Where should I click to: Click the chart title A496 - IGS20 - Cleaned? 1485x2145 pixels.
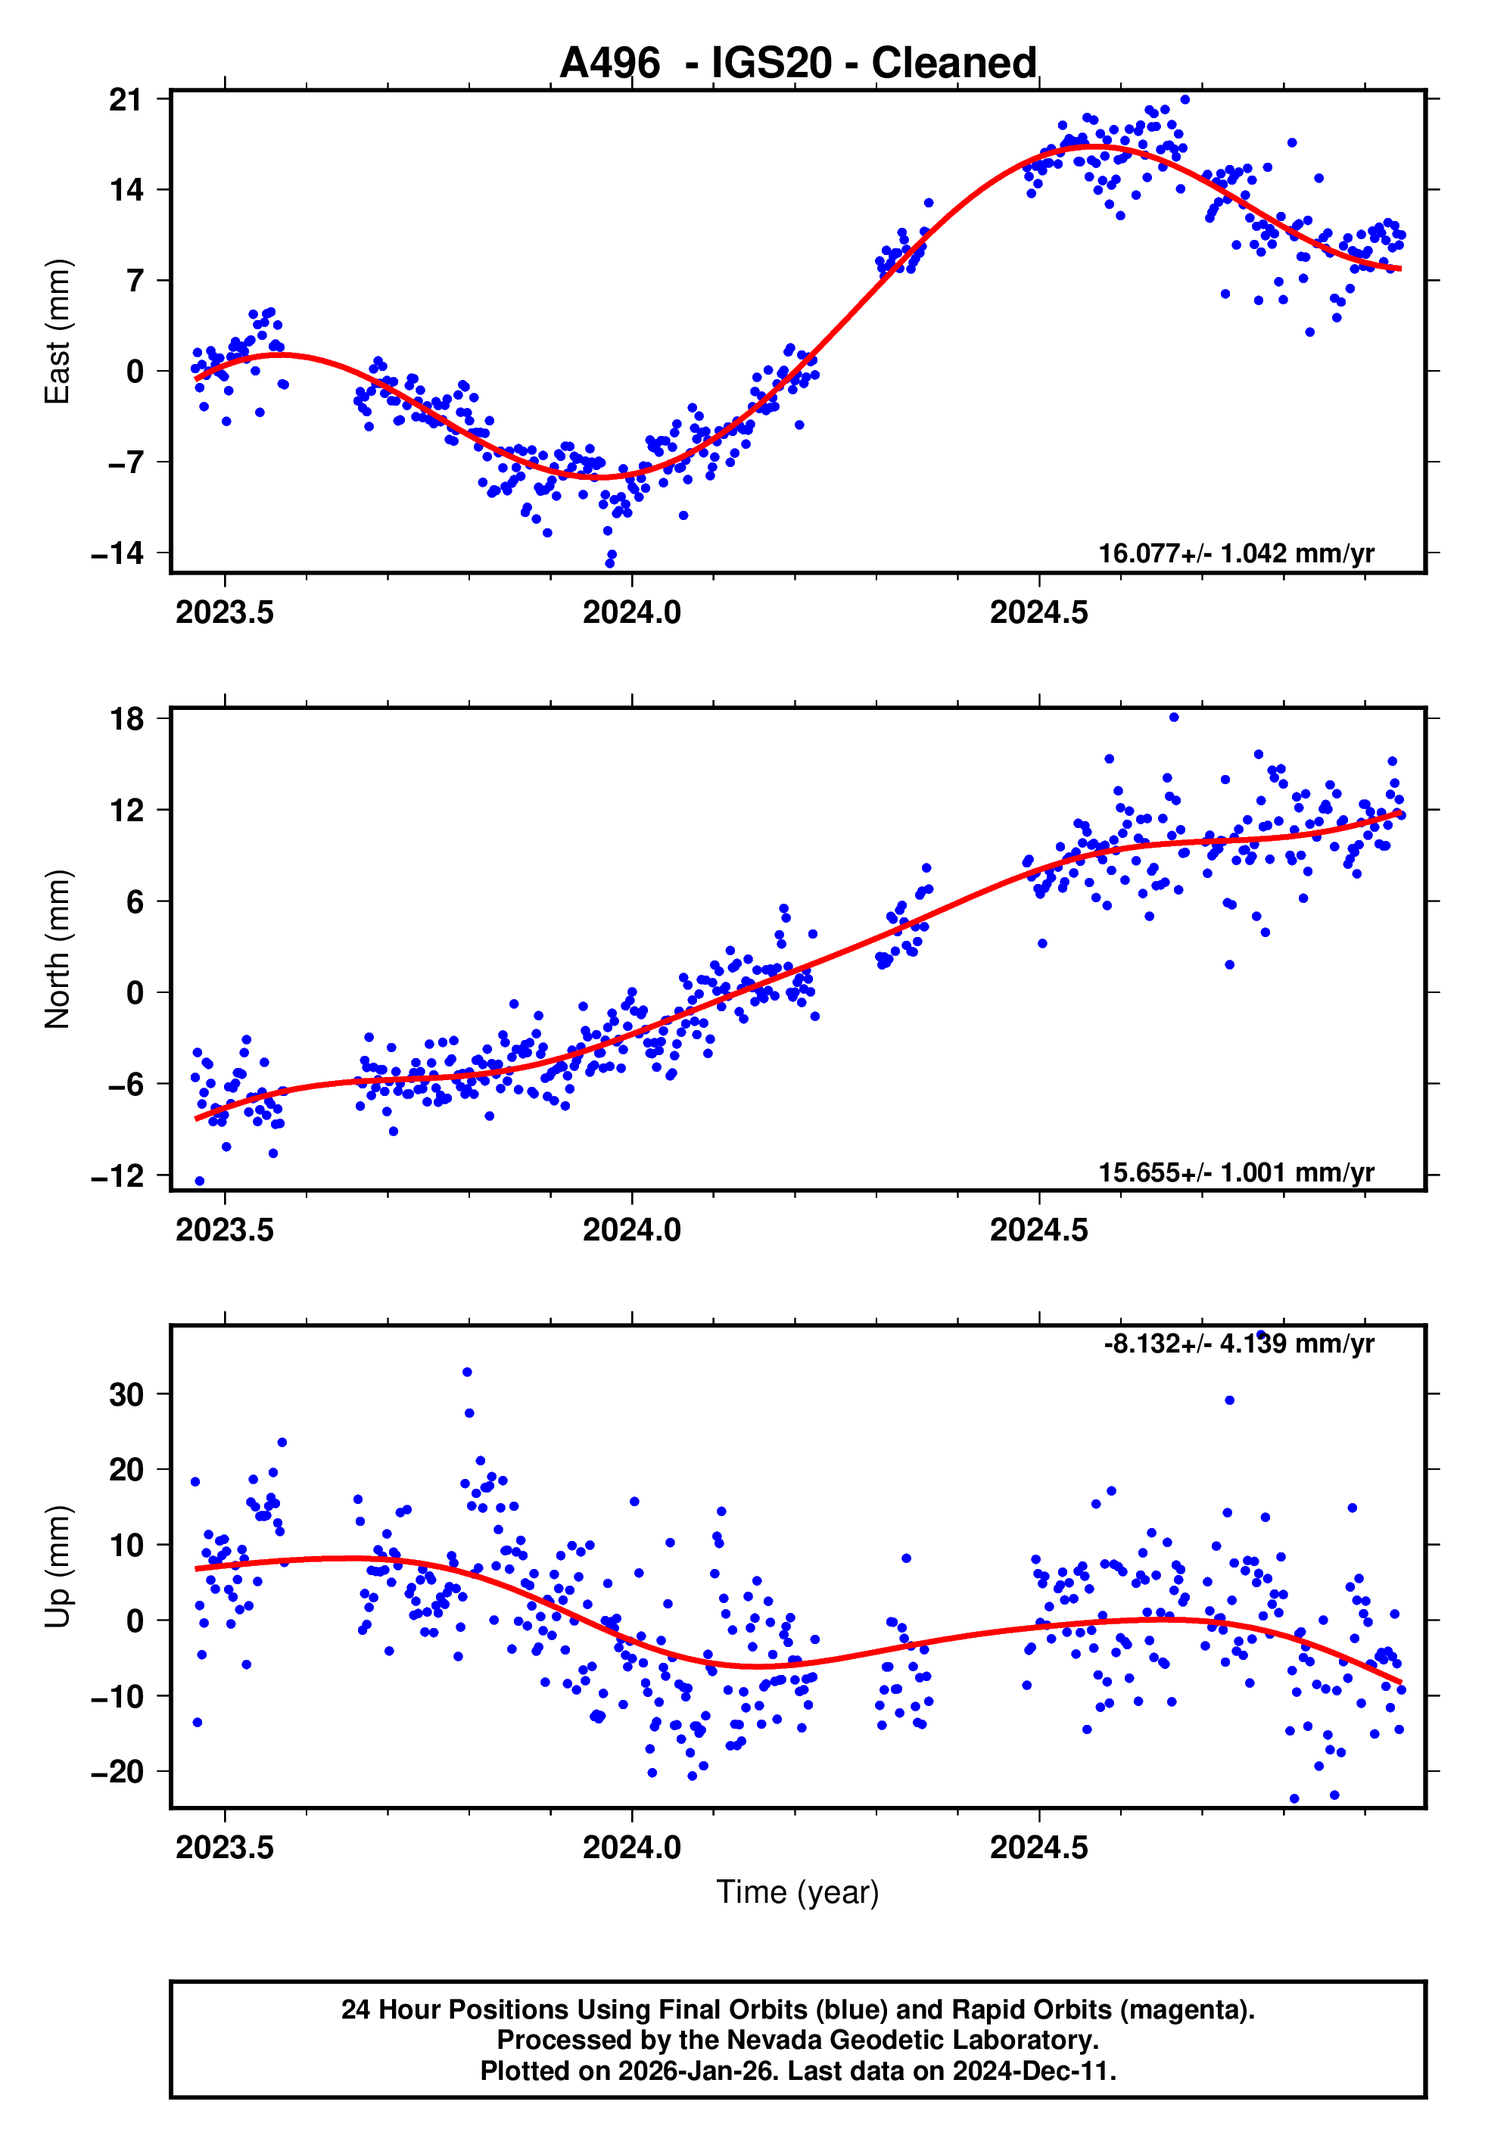798,64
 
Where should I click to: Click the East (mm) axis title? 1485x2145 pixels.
58,332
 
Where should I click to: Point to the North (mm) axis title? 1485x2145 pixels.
58,949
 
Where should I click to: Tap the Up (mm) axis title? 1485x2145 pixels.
58,1567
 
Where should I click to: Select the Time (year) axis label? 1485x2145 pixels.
798,1892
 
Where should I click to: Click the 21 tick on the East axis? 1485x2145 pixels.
126,99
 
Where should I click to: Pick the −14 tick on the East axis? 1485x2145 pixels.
117,553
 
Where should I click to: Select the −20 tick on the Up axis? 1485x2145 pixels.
117,1772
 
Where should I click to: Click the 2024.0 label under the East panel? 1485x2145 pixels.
632,613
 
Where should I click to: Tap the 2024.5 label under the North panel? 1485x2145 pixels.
1038,1231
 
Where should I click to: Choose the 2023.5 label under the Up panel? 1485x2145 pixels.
224,1848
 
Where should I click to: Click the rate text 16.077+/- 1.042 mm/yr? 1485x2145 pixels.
1236,553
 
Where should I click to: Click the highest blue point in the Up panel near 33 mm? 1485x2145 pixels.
467,1372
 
